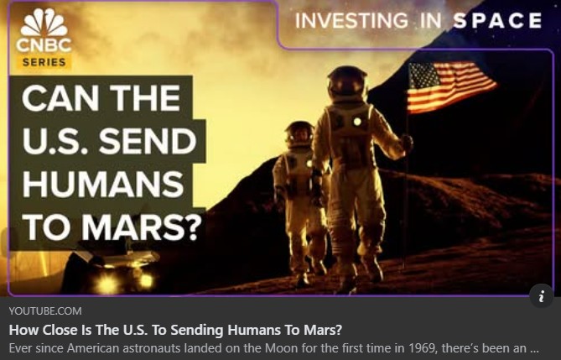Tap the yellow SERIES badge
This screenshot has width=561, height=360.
(44, 62)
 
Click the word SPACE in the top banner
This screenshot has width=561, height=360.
(497, 20)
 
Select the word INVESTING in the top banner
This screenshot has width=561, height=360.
(351, 20)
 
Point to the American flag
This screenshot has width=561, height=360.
(451, 86)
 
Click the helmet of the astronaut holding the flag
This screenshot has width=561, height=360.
(347, 83)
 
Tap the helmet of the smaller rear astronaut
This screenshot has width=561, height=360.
(300, 134)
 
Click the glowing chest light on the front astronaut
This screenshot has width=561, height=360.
(357, 122)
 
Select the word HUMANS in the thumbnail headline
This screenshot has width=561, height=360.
(103, 184)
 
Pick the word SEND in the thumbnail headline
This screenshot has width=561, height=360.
(147, 141)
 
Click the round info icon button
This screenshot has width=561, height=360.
(542, 296)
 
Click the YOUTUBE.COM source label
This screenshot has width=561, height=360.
(45, 311)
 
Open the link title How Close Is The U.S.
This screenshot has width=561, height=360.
(175, 330)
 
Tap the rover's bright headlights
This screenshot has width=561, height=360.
(125, 282)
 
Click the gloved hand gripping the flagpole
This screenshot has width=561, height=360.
(407, 142)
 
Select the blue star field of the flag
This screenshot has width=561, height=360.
(424, 76)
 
